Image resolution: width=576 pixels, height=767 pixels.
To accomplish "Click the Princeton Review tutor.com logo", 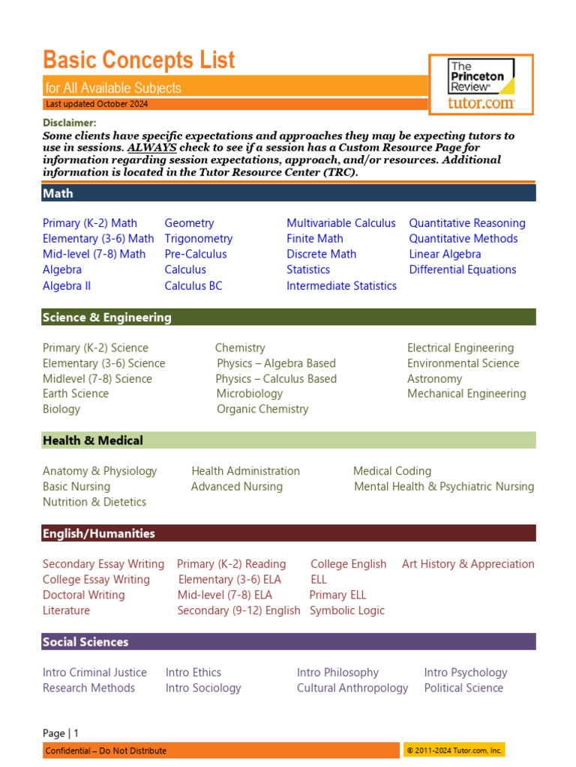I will [x=481, y=84].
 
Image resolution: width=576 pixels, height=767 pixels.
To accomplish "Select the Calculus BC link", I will [x=193, y=285].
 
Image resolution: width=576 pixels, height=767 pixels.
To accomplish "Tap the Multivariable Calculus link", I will [x=340, y=223].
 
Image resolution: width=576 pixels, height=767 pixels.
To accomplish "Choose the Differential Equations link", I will [x=462, y=270].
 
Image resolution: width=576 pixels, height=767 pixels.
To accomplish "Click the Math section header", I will [x=58, y=193].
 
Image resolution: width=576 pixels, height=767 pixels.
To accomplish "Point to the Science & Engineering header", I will [x=106, y=318].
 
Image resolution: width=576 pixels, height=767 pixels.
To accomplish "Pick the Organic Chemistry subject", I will [x=262, y=409].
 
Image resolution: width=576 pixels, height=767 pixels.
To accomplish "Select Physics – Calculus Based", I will [x=276, y=379].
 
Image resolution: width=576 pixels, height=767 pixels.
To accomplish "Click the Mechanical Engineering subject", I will [x=466, y=394].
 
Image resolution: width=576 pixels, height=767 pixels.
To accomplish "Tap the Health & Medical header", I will [x=92, y=440].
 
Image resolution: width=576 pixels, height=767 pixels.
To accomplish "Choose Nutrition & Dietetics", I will [x=94, y=502].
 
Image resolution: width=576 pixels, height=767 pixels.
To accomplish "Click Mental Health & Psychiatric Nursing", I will [x=444, y=487].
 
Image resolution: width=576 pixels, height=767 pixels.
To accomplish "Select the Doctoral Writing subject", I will [x=84, y=595].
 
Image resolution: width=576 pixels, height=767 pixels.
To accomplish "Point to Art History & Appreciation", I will [x=468, y=564].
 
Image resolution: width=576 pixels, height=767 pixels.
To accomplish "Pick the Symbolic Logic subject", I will [x=346, y=610].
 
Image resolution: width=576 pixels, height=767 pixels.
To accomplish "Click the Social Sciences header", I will [x=85, y=642].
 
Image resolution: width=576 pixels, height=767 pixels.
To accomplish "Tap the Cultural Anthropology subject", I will [x=352, y=688].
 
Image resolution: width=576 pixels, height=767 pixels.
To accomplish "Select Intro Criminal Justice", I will [x=94, y=673].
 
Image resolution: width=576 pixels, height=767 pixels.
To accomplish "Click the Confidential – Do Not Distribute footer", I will [x=106, y=751].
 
